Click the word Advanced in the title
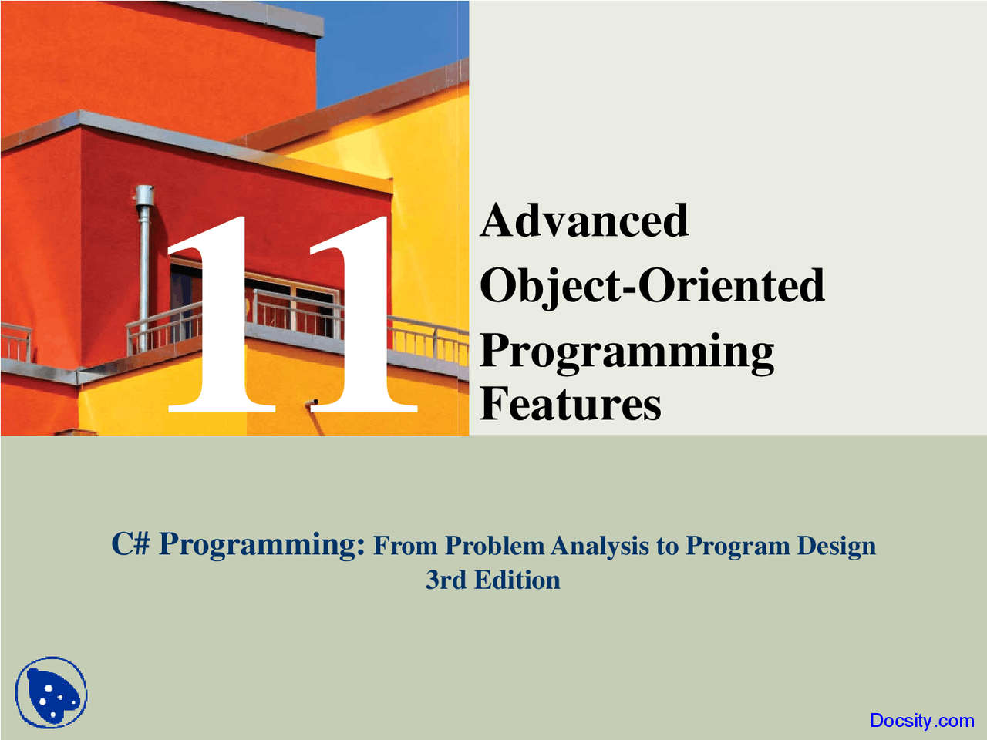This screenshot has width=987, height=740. [584, 220]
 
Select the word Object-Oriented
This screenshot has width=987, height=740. [652, 285]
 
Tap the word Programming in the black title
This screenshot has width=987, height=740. [627, 351]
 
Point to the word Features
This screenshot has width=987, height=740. [571, 404]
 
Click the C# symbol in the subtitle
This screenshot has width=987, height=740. [130, 544]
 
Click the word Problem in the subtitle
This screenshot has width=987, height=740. [496, 546]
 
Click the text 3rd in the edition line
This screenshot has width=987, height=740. [446, 580]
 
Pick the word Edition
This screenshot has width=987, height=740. [517, 580]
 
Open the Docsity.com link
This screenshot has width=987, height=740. [921, 721]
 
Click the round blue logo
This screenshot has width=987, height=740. [51, 692]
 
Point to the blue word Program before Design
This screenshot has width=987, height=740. [738, 546]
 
